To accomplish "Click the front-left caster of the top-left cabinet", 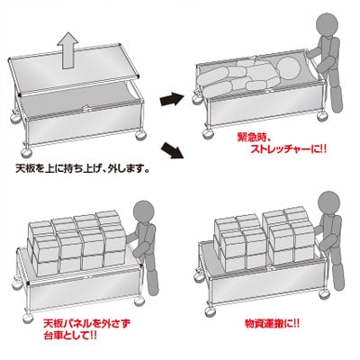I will [x=17, y=118].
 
